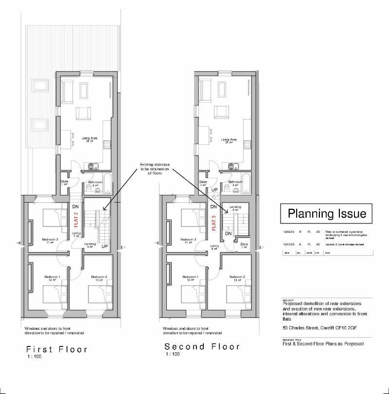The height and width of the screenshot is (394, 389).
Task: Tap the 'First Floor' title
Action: click(x=57, y=349)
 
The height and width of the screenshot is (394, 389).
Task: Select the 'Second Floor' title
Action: click(x=202, y=346)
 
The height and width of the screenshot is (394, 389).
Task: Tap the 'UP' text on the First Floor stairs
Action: click(x=105, y=247)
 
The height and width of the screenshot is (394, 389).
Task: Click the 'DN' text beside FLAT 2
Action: click(x=75, y=207)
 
